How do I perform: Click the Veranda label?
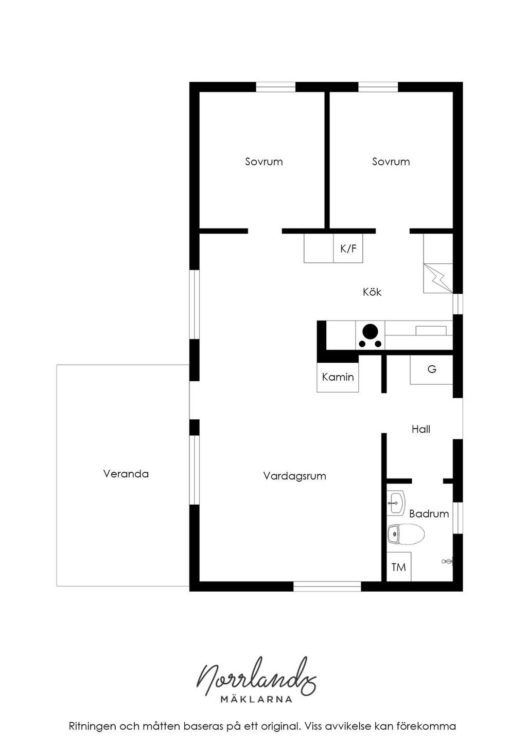(126, 474)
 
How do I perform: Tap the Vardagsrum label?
(294, 476)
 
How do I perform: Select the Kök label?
(372, 292)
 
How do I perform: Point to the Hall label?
(421, 429)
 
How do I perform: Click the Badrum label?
(429, 514)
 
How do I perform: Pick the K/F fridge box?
(348, 248)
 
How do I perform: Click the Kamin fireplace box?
(338, 377)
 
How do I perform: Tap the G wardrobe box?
(431, 369)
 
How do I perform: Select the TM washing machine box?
(398, 567)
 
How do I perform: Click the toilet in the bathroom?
(406, 535)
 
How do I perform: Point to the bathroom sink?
(396, 503)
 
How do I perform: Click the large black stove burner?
(371, 331)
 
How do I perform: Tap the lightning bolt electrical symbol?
(438, 279)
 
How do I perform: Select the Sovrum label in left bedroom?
(264, 162)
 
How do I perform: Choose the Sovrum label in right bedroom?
(391, 162)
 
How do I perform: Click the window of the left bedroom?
(275, 87)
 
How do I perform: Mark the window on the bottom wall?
(327, 587)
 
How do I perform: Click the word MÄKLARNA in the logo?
(256, 699)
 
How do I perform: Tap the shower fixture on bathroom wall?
(447, 562)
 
